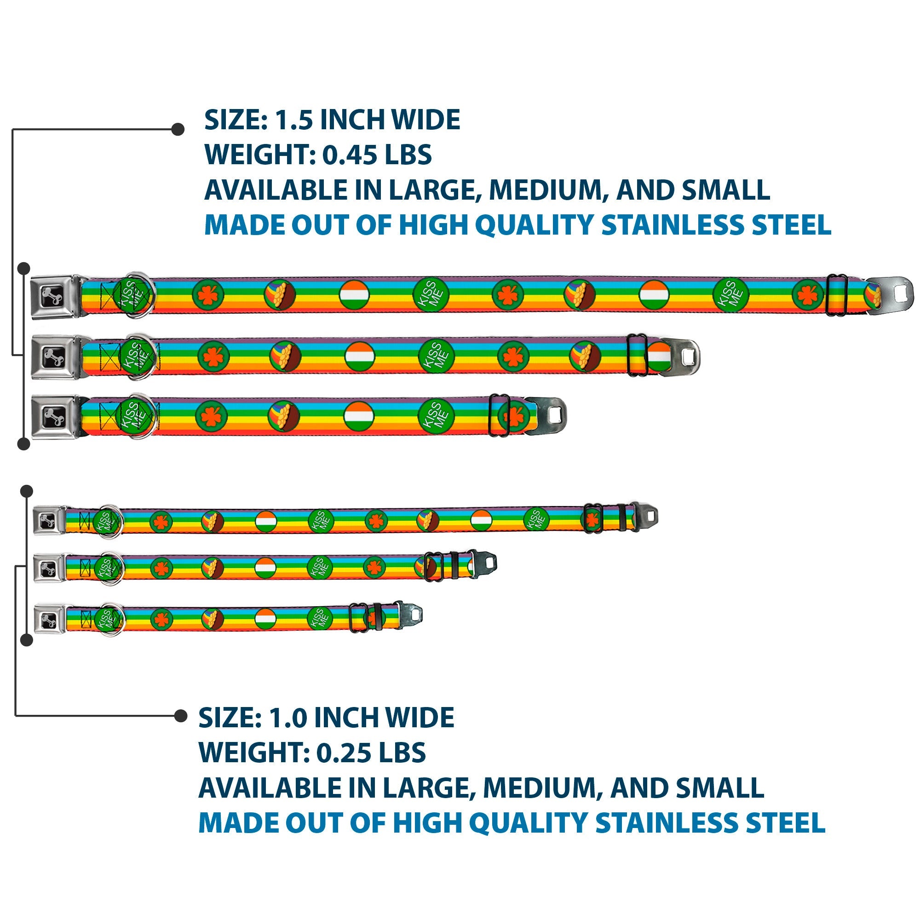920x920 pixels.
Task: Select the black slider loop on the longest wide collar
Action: [x=837, y=295]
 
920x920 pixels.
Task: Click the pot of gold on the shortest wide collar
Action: [x=283, y=416]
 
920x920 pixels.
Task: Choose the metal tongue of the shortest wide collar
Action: [x=550, y=416]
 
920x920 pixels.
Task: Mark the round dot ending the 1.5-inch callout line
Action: [x=178, y=129]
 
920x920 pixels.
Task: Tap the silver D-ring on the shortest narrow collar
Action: [x=110, y=620]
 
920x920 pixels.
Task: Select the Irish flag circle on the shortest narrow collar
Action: [x=266, y=619]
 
